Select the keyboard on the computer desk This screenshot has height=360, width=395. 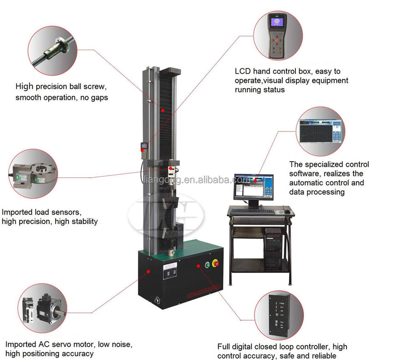coord(252,212)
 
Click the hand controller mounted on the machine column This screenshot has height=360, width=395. coord(144,149)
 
